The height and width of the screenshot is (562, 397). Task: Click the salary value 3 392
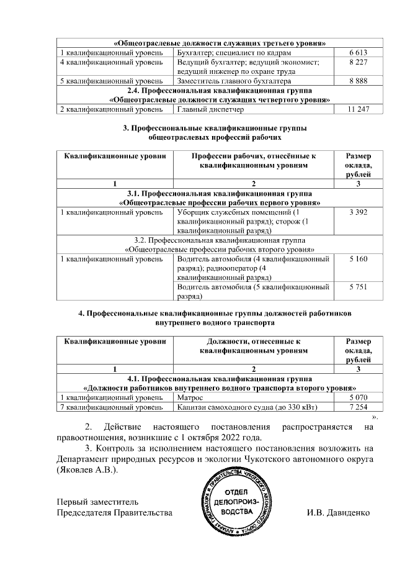click(x=359, y=213)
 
